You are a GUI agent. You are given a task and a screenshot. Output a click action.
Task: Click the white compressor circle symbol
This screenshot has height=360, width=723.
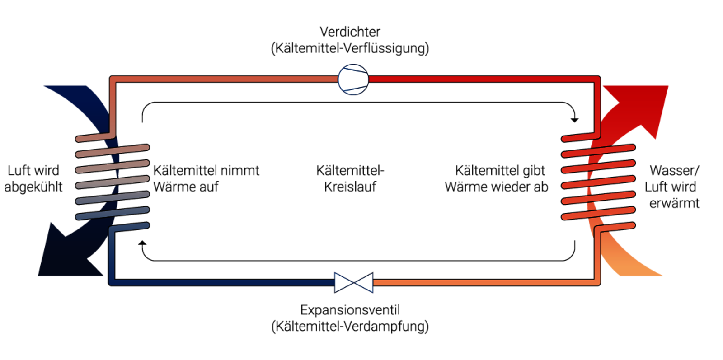click(x=353, y=79)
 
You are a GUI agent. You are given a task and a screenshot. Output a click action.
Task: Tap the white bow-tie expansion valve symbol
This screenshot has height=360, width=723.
click(x=354, y=283)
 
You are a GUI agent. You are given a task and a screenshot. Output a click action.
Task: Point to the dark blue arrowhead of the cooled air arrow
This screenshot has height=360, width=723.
click(x=63, y=253)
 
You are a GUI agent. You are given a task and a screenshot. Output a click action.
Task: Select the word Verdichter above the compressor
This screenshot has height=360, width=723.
click(x=350, y=32)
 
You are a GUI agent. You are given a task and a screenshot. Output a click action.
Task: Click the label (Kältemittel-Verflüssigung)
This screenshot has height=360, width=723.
click(x=350, y=48)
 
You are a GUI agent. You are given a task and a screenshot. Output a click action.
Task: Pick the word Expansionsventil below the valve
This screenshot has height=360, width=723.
click(x=350, y=310)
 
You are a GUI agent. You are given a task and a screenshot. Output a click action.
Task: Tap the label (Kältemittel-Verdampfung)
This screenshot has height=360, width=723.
click(x=350, y=326)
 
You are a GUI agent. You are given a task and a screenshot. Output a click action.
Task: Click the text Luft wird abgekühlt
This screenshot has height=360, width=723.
click(x=33, y=178)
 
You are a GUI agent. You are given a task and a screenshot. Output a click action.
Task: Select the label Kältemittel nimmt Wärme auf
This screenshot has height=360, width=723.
click(x=206, y=178)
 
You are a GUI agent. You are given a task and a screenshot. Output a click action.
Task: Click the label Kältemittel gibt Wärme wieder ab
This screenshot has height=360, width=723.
click(x=496, y=178)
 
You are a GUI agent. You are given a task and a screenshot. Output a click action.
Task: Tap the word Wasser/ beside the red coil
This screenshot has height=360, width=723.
click(x=674, y=170)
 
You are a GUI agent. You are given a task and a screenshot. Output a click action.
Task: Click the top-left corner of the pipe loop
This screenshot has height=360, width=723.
click(x=113, y=79)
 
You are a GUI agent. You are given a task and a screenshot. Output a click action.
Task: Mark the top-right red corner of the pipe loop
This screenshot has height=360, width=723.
click(x=597, y=79)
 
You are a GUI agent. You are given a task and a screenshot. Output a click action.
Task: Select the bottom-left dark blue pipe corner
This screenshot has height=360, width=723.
click(x=113, y=282)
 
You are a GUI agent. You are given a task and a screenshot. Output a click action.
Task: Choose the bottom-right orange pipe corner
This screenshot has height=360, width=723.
click(x=597, y=282)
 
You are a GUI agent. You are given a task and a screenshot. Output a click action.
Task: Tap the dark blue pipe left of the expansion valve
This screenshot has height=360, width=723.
click(x=226, y=283)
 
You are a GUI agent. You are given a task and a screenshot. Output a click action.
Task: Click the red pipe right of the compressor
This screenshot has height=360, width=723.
click(x=479, y=79)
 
